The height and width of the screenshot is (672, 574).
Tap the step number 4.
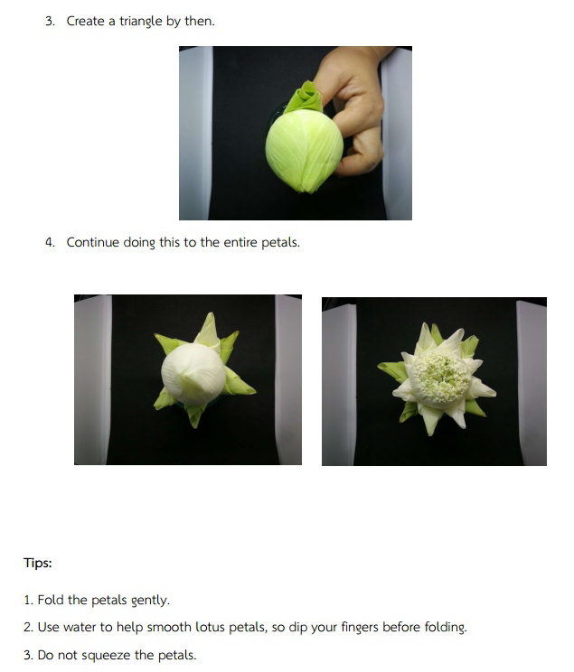(50, 242)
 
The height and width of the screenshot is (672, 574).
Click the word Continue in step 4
(93, 242)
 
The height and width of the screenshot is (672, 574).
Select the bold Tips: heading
(38, 563)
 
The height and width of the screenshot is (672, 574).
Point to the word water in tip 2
(80, 627)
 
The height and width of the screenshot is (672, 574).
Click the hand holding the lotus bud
(354, 111)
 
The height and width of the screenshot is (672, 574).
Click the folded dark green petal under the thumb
(304, 98)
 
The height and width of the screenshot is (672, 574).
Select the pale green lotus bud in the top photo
(304, 150)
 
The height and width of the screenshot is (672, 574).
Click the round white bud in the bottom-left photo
(194, 374)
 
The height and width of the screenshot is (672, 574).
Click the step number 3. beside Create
(50, 21)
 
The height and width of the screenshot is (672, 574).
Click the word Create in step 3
(85, 21)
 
